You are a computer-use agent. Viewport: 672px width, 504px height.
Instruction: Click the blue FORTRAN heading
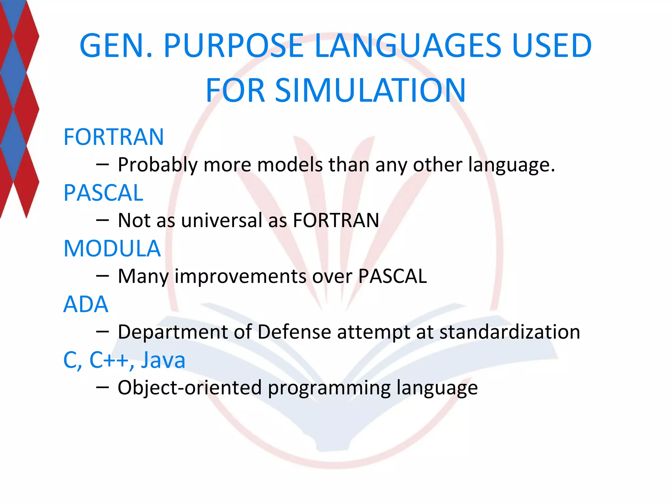point(114,137)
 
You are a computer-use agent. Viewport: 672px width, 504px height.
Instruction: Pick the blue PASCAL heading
point(103,193)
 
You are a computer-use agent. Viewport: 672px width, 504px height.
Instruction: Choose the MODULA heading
point(112,248)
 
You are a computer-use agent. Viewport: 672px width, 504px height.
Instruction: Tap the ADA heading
point(86,304)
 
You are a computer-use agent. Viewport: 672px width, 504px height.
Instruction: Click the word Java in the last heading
point(163,360)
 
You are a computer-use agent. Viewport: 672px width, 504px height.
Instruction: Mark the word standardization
point(510,332)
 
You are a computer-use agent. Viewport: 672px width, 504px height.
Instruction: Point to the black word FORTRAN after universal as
point(336,220)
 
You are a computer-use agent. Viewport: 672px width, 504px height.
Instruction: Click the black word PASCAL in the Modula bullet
point(392,276)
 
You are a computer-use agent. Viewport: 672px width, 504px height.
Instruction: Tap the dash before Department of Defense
point(102,332)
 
